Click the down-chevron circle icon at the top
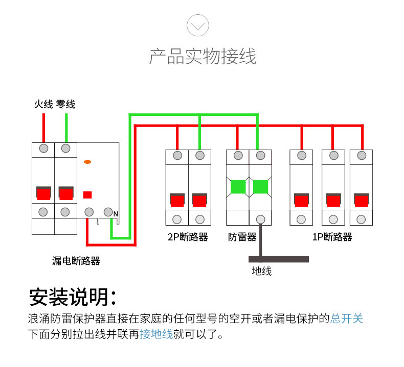click(197, 25)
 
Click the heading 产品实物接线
click(203, 56)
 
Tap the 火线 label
click(43, 104)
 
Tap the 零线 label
click(65, 104)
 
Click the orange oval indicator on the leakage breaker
click(87, 162)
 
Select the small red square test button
click(87, 194)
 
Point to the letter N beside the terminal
click(116, 214)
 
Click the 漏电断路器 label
click(76, 261)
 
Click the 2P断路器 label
click(188, 237)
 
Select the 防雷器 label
click(242, 237)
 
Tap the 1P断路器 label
click(332, 237)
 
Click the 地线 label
click(262, 271)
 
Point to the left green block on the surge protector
click(238, 187)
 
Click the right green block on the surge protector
click(260, 187)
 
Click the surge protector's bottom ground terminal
click(260, 219)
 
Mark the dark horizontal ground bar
click(279, 259)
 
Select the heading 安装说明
click(73, 297)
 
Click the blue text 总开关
click(347, 319)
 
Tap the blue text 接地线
click(156, 334)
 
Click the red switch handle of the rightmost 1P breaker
click(361, 200)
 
